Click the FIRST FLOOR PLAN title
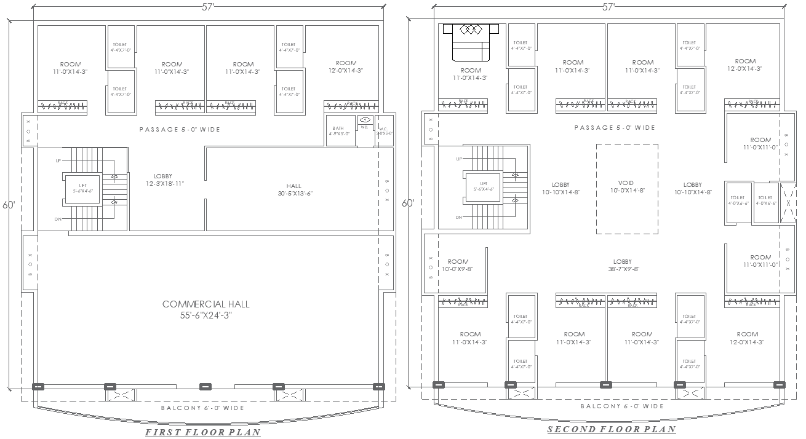tap(202, 432)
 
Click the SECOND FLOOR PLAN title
tap(611, 430)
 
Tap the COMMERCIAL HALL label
tap(206, 309)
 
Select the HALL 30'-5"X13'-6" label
tap(294, 189)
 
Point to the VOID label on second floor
tap(626, 187)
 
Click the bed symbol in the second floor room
tap(471, 42)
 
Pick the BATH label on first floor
tap(339, 130)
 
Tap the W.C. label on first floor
tap(385, 130)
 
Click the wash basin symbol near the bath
tap(365, 120)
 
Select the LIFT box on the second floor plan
tap(483, 186)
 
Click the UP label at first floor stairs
tap(58, 160)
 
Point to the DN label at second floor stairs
tap(459, 217)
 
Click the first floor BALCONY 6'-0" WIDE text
tap(202, 408)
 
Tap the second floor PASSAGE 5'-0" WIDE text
tap(614, 128)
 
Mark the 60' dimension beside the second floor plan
tap(408, 204)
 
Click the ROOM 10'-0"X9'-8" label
tap(458, 265)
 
